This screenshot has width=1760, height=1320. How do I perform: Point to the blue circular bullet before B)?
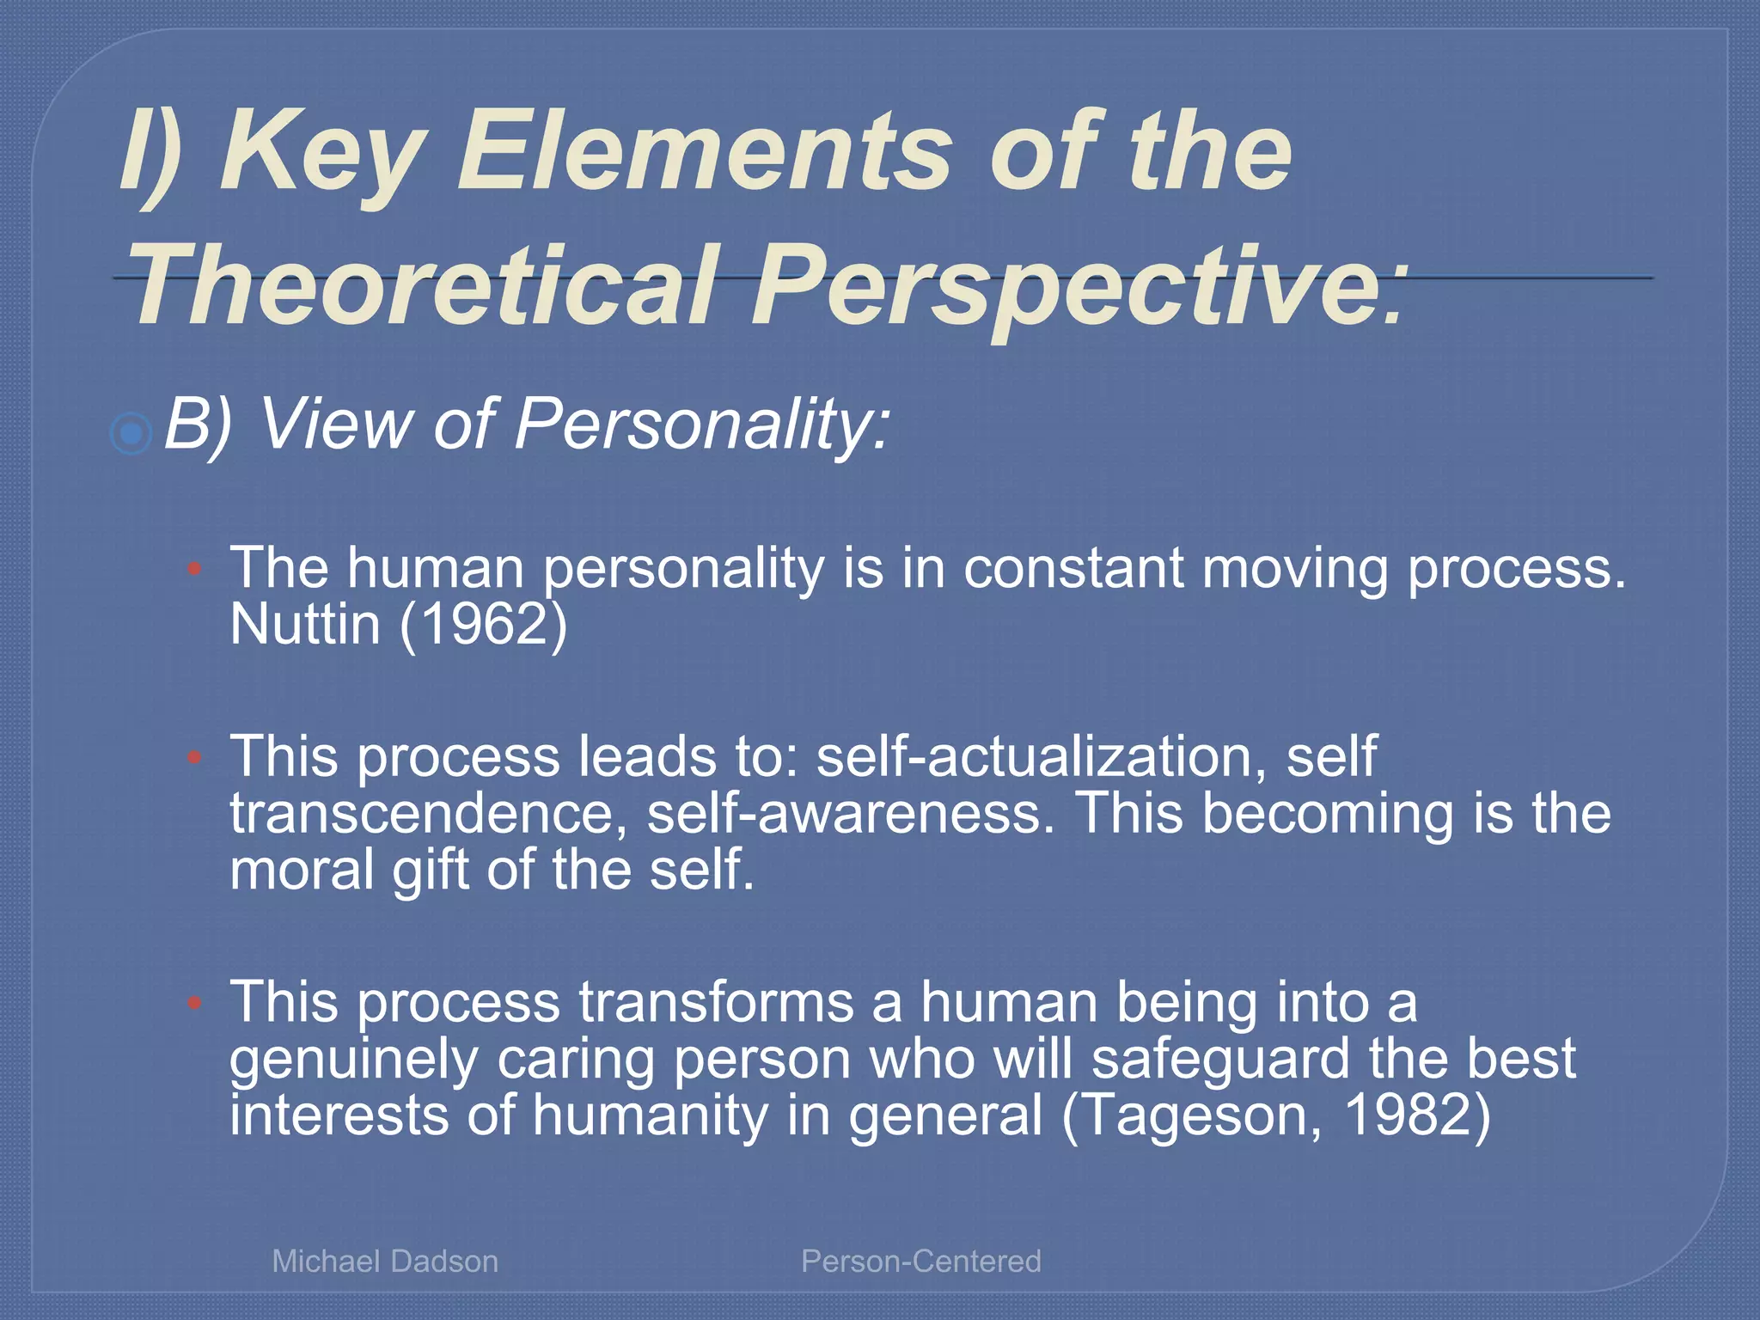(x=131, y=433)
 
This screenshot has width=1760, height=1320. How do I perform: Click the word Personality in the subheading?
(x=700, y=425)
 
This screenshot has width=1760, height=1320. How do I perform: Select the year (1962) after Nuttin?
(x=483, y=624)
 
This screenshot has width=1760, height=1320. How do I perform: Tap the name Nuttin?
(x=304, y=624)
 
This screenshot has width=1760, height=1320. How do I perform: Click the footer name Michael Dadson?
(x=384, y=1261)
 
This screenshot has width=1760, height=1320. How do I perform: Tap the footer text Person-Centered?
(x=920, y=1261)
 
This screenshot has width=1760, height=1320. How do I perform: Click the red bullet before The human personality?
(x=195, y=568)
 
